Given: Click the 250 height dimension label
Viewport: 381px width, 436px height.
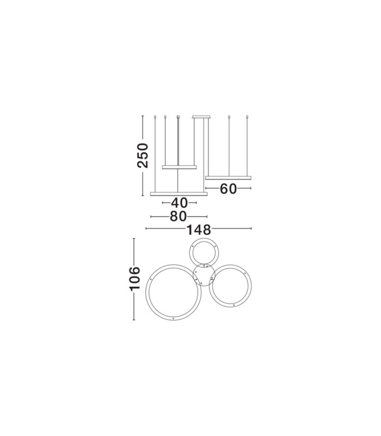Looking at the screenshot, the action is click(143, 155).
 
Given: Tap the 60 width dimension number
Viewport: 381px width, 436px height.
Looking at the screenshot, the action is click(228, 189).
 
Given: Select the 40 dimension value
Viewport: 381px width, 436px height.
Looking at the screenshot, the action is click(180, 203).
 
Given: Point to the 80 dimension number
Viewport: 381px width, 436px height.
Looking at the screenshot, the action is click(179, 216).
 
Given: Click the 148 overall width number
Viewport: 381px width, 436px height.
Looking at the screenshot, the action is click(199, 229).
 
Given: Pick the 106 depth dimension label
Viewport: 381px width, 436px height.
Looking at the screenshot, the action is click(135, 279).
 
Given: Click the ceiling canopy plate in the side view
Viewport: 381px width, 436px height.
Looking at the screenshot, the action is click(201, 117).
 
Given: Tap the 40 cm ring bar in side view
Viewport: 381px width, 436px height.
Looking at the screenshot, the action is click(180, 167).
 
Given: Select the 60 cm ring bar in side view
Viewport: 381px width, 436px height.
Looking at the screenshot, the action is click(228, 178).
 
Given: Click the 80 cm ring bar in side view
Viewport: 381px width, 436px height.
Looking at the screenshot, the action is click(179, 194).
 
